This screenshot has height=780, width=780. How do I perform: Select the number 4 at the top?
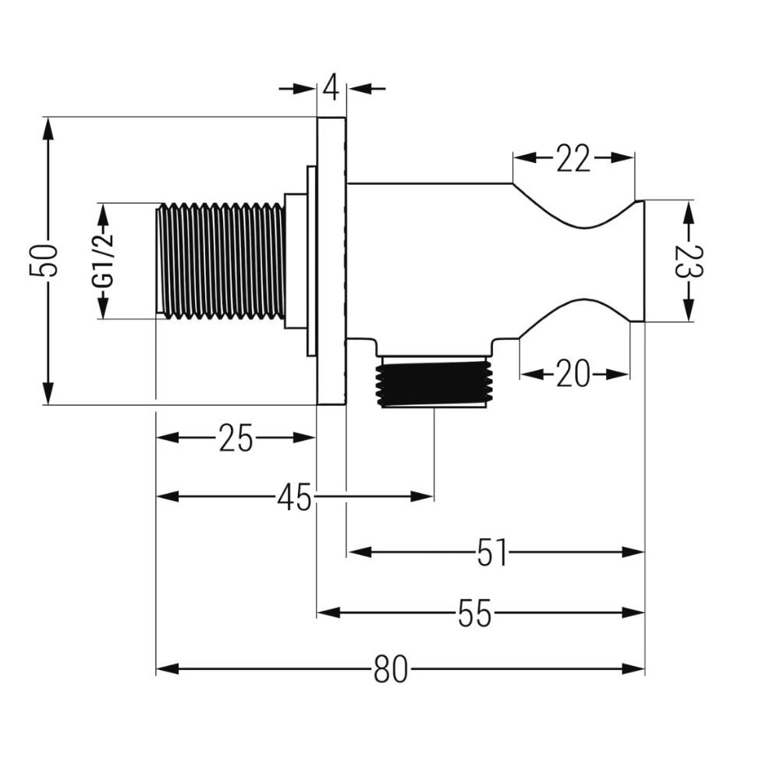(x=331, y=89)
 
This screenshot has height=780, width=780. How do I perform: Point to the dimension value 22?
(x=573, y=158)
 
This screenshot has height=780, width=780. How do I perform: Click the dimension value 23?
(x=689, y=261)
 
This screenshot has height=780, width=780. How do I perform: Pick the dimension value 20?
(x=573, y=374)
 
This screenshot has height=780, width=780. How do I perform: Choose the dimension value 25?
(x=236, y=438)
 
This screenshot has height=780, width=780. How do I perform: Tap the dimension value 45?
(x=295, y=497)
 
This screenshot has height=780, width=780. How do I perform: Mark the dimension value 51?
(x=491, y=552)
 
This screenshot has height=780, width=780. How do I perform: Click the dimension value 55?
(x=474, y=613)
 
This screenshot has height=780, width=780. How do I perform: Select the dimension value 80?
(x=391, y=669)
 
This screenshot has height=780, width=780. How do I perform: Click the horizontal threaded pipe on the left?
(x=221, y=261)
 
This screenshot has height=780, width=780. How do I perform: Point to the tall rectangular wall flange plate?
(x=331, y=261)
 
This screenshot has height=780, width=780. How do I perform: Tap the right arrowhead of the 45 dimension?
(x=422, y=496)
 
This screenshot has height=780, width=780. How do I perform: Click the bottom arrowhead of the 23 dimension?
(x=689, y=310)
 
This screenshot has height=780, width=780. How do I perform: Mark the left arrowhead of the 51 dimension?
(x=359, y=552)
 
